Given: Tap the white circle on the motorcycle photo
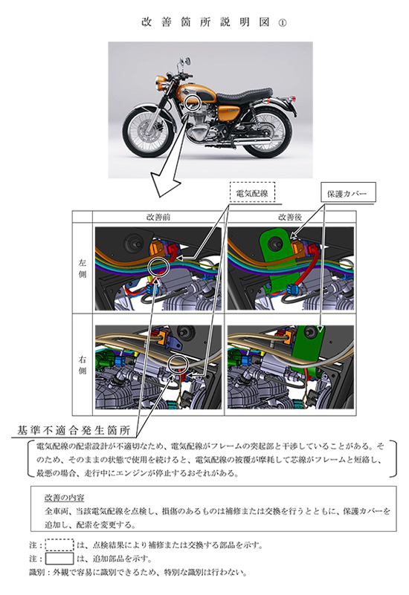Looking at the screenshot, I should point(195,102).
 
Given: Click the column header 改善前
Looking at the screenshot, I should point(158,218).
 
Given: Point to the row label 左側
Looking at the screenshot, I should point(83,267).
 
